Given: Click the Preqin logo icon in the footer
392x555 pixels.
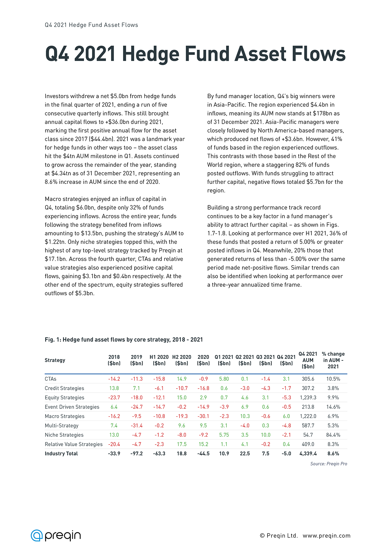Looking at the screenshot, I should [x=37, y=535].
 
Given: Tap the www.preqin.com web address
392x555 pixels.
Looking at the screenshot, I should [x=327, y=536].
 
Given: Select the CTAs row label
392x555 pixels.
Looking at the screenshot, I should [x=51, y=379].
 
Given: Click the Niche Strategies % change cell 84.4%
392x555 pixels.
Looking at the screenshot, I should [x=333, y=435].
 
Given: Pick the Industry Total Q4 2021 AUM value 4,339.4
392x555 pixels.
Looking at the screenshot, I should [x=308, y=453].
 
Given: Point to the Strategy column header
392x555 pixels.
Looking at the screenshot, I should [x=55, y=360].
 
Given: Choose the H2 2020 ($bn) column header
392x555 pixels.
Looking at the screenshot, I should [x=182, y=360].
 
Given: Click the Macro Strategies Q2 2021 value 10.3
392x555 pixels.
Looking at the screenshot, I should [x=245, y=416].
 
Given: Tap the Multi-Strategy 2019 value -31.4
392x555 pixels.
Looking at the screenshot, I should [x=137, y=426].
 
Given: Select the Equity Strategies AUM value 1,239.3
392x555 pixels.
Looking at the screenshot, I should [x=308, y=397].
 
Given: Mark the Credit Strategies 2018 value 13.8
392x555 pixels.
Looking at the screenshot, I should [x=114, y=388].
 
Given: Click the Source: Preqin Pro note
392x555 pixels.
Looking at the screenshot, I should [x=328, y=464].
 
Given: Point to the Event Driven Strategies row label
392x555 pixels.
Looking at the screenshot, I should [x=72, y=407].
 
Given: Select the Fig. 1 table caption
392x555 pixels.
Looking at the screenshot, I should [x=124, y=340].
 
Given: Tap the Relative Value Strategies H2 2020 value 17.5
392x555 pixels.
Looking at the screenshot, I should [x=182, y=444].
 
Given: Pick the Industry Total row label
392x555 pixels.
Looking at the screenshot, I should [x=61, y=453].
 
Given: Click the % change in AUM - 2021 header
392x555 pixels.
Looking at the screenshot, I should [x=333, y=360].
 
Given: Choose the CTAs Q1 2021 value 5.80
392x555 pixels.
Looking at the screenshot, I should [x=224, y=379].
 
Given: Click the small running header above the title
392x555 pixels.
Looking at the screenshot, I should [x=91, y=25].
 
